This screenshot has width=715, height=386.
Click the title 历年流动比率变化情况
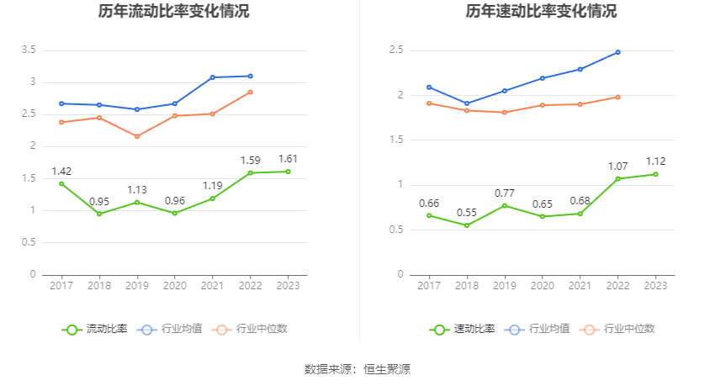[x=173, y=12]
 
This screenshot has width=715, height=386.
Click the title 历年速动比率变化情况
[x=541, y=12]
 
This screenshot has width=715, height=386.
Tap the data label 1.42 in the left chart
[x=61, y=172]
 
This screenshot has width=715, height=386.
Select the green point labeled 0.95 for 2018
[x=99, y=214]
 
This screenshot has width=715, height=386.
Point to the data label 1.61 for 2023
[x=288, y=159]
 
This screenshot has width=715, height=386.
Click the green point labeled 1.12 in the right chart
[x=655, y=174]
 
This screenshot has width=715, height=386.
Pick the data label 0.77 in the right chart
[x=504, y=193]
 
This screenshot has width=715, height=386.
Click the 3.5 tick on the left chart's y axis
[x=29, y=50]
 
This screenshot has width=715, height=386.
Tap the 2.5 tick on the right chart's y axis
[x=396, y=50]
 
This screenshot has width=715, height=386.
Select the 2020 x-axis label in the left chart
[x=174, y=286]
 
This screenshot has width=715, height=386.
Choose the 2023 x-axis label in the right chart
[x=655, y=286]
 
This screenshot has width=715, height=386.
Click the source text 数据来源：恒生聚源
[x=357, y=369]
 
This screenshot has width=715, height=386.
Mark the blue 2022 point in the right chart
[x=617, y=52]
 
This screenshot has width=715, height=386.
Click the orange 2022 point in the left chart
[x=250, y=92]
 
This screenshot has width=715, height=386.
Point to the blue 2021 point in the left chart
[x=212, y=77]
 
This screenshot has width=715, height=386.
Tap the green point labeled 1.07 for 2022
[x=617, y=178]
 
